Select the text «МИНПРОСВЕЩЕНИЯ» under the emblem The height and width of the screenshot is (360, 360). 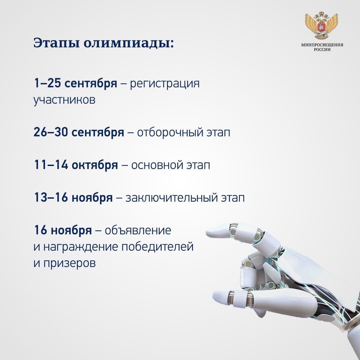point(322,45)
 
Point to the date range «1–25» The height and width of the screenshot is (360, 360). point(47,83)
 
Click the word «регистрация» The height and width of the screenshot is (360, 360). point(165,84)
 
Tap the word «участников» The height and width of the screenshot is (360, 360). point(64,100)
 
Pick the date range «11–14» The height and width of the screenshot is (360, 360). point(51,165)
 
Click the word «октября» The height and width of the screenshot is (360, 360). point(95,165)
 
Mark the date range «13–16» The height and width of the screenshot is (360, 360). point(51,197)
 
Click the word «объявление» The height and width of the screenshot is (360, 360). point(138,230)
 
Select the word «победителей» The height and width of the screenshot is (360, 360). point(157,247)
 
